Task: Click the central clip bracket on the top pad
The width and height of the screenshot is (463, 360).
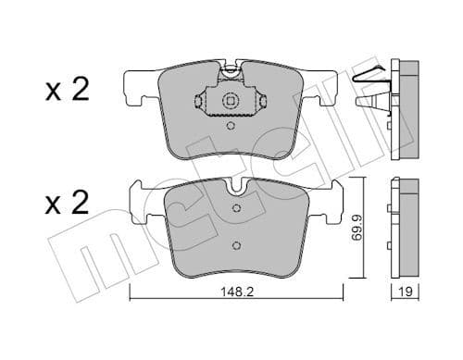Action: click(231, 101)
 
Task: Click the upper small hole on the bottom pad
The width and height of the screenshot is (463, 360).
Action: click(235, 214)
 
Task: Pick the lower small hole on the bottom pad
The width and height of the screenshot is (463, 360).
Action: click(235, 245)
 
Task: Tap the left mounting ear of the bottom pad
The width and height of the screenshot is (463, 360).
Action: click(140, 202)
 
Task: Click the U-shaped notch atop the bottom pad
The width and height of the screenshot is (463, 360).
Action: click(235, 189)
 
